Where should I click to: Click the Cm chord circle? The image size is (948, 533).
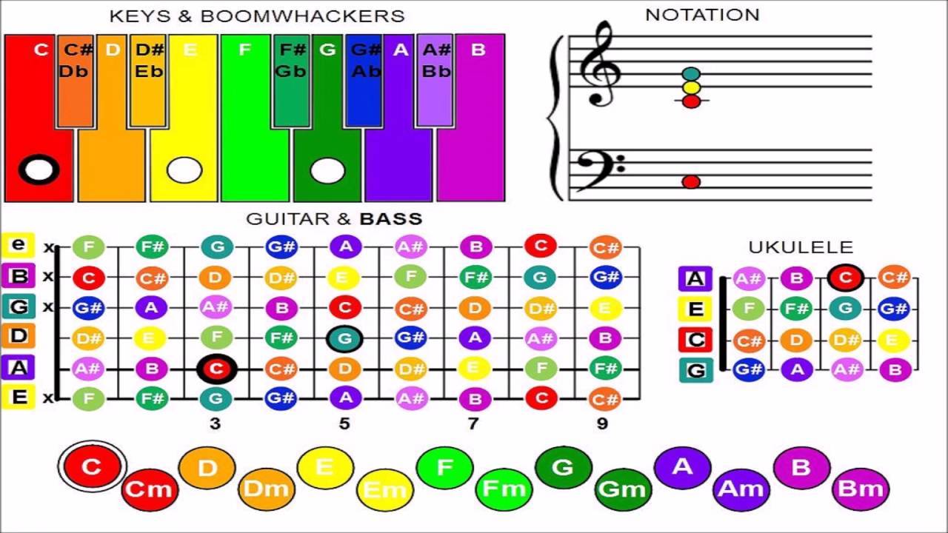point(149,489)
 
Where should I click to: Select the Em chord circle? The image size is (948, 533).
point(385,489)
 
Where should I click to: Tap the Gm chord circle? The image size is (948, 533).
point(622,489)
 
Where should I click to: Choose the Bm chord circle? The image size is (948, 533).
point(860,489)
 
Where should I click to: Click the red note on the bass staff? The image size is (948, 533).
point(691,181)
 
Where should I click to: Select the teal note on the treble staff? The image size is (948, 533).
point(691,74)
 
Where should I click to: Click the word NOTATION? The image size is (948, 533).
point(702,15)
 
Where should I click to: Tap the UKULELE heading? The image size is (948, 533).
point(801,247)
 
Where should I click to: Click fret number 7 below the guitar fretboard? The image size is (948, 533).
point(473,423)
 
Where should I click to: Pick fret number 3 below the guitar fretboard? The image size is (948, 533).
point(216,423)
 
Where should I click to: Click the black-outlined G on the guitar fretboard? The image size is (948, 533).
point(345,338)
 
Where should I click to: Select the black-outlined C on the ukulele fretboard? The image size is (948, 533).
point(845,278)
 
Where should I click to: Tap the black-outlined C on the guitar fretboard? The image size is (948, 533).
point(216,369)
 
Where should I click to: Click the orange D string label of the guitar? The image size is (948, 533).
point(19,336)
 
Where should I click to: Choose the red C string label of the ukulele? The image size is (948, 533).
point(695,340)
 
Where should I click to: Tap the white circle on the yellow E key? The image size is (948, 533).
point(184,170)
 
